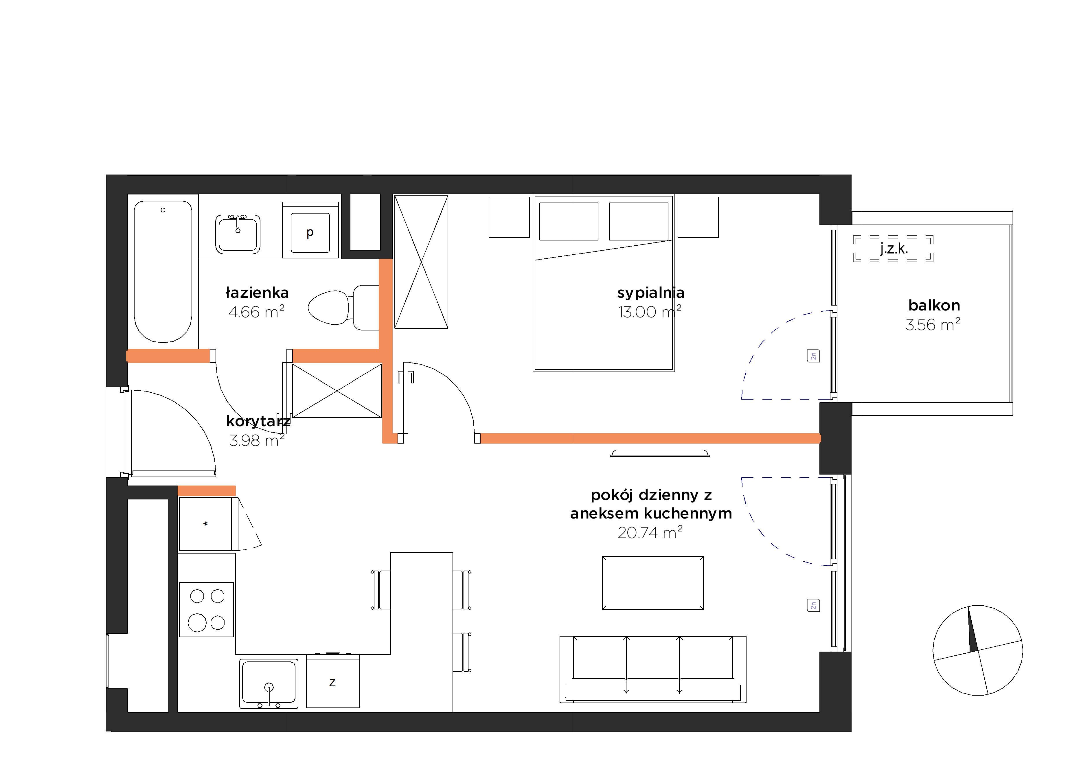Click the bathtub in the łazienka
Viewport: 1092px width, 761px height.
(x=163, y=271)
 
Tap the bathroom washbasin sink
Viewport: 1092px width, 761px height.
(x=238, y=234)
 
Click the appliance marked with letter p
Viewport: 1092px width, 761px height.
(x=310, y=231)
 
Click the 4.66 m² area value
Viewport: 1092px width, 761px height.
(x=256, y=312)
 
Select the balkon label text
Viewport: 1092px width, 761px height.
(x=934, y=305)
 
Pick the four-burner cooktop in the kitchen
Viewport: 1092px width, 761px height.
(x=206, y=609)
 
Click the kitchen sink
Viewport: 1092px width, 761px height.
(x=269, y=683)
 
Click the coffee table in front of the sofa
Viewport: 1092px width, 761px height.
(x=653, y=583)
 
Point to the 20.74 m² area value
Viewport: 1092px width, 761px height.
(x=650, y=532)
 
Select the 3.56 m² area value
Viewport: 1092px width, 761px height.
(x=933, y=324)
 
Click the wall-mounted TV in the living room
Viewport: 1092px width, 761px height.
(x=660, y=453)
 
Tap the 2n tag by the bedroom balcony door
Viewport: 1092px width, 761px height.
(x=813, y=356)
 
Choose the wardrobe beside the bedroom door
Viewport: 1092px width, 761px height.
(x=421, y=262)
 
